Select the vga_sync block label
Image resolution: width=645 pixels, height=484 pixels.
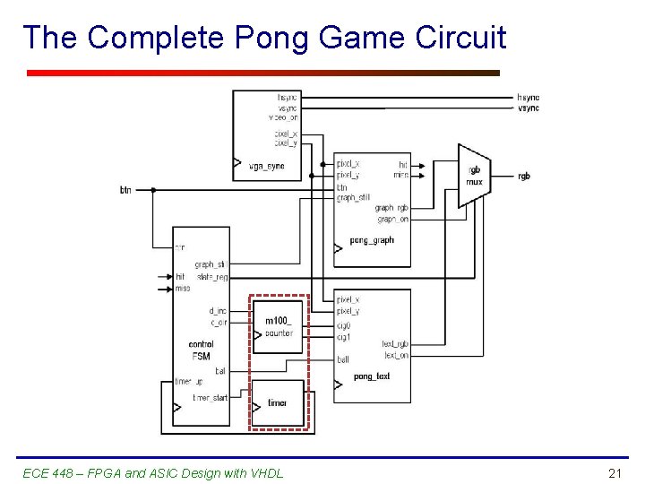(x=266, y=167)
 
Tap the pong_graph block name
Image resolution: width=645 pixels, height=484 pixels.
(x=372, y=240)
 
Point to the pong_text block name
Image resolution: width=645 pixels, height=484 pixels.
(x=372, y=376)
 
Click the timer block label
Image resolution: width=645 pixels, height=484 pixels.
(x=278, y=403)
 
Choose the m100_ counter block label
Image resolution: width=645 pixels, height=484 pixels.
(x=279, y=327)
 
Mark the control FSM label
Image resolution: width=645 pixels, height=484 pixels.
(x=201, y=350)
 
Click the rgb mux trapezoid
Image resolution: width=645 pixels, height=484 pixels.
(x=474, y=176)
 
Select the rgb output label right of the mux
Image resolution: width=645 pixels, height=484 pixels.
(x=523, y=176)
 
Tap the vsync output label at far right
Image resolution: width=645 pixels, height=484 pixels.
(x=528, y=108)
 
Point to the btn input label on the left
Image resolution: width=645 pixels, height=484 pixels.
(x=126, y=190)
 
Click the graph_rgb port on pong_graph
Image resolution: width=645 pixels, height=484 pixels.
(x=391, y=208)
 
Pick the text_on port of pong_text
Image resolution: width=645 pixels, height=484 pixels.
(x=395, y=356)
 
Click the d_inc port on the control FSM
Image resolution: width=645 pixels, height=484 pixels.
(x=218, y=311)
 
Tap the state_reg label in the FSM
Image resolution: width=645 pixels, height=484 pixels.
(x=212, y=277)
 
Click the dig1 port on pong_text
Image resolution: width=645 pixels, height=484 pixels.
(x=343, y=338)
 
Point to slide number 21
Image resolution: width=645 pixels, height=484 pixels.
(x=615, y=473)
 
